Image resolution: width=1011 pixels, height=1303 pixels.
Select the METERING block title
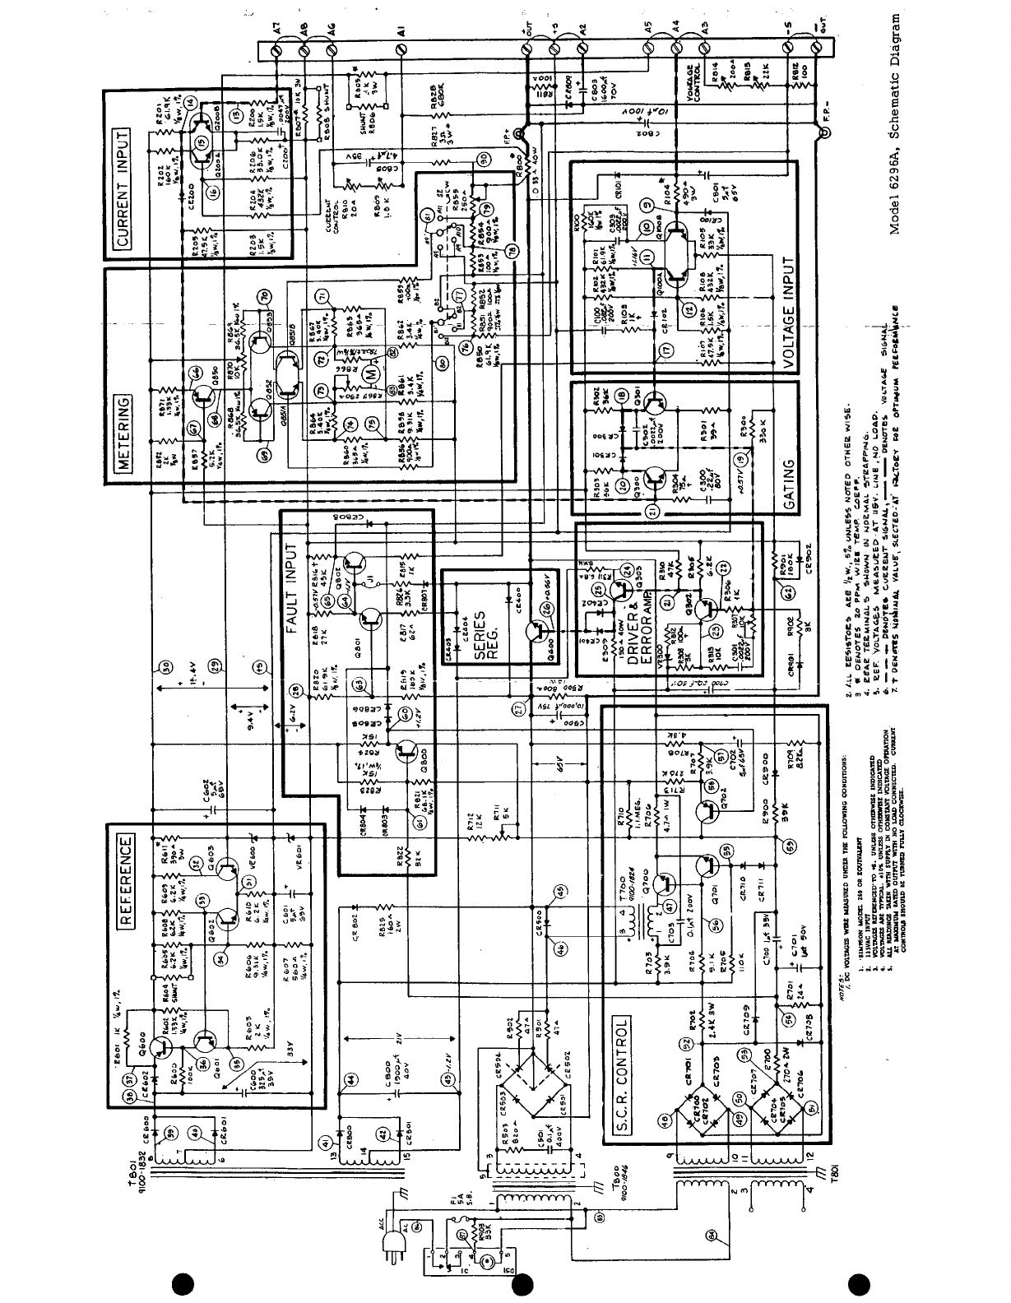click(121, 434)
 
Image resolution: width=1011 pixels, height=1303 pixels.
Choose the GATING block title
click(787, 486)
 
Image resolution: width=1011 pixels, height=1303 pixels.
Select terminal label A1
click(400, 32)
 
